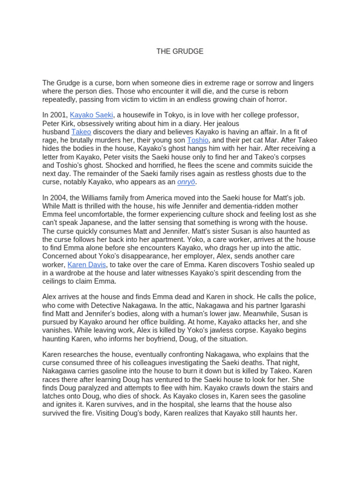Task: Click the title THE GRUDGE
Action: coord(180,52)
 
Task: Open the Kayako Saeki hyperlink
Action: coord(91,115)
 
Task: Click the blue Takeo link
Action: coord(81,132)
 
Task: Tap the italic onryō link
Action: coord(187,182)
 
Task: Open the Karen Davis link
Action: coord(87,264)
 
